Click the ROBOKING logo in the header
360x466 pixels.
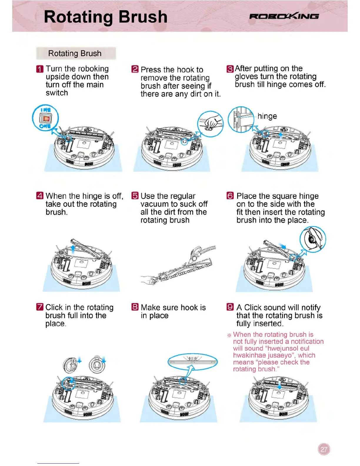pyautogui.click(x=284, y=16)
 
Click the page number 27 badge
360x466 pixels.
pyautogui.click(x=324, y=449)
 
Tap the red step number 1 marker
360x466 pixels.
pyautogui.click(x=40, y=69)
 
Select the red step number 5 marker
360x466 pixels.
pyautogui.click(x=135, y=196)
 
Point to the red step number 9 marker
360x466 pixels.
pyautogui.click(x=230, y=307)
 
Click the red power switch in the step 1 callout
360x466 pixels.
pyautogui.click(x=46, y=119)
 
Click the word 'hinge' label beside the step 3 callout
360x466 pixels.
pyautogui.click(x=267, y=116)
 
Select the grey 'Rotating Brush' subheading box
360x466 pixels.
pyautogui.click(x=76, y=53)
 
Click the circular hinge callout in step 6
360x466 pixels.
pyautogui.click(x=313, y=239)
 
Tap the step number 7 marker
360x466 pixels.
pyautogui.click(x=40, y=307)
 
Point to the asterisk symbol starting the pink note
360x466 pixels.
pyautogui.click(x=229, y=335)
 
